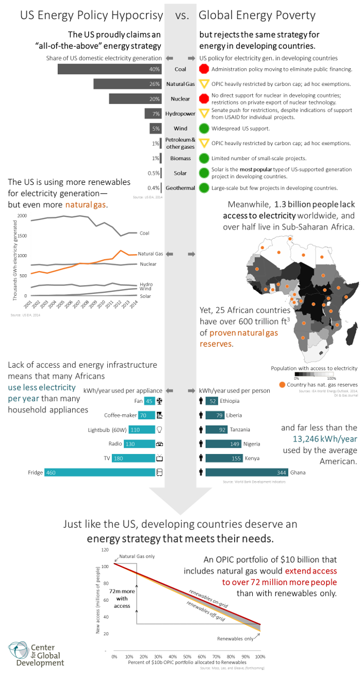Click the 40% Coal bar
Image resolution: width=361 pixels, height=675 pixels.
(x=109, y=69)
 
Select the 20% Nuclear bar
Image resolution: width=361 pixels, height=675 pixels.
(x=135, y=99)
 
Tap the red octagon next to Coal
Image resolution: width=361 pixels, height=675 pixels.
(x=204, y=69)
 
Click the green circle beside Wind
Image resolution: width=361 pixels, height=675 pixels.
(x=204, y=129)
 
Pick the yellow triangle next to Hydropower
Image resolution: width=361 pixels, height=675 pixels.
(x=204, y=114)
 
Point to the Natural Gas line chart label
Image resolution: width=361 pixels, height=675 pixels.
(x=150, y=254)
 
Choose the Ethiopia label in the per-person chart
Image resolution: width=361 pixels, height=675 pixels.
(x=232, y=401)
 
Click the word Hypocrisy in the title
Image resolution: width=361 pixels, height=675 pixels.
(x=136, y=16)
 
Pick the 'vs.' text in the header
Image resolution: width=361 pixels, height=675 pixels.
(x=182, y=16)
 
